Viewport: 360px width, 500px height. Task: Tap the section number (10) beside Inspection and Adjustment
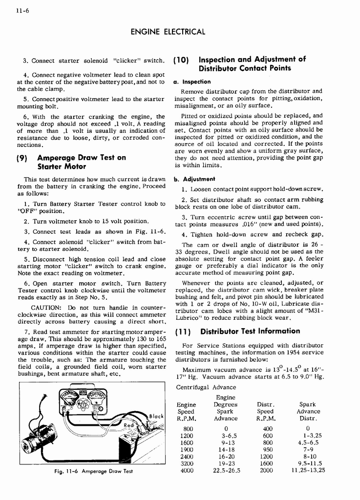point(182,60)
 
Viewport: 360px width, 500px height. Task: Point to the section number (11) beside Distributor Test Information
point(183,331)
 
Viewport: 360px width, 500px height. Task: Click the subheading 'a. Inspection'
point(192,82)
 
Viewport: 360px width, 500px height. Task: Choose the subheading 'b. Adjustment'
point(194,179)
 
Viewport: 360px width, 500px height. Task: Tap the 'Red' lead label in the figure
point(128,426)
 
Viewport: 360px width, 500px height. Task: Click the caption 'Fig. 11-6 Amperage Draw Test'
point(92,472)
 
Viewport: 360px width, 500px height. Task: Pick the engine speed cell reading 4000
point(187,471)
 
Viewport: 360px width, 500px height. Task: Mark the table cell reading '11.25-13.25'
point(308,471)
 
